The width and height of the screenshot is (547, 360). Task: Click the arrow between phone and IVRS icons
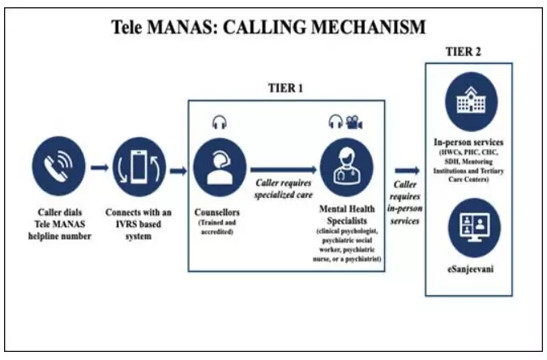point(98,169)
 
